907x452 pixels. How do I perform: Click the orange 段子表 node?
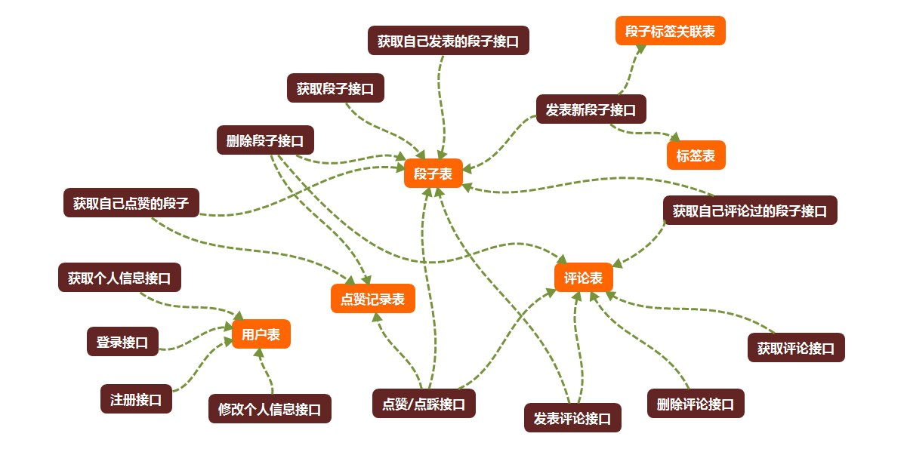tap(433, 174)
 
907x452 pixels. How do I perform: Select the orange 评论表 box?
tap(583, 278)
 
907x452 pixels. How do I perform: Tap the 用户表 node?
tap(261, 334)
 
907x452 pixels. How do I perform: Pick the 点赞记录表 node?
tap(373, 299)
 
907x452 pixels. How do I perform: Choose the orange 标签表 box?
tap(696, 155)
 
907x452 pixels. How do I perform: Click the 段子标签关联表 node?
tap(670, 31)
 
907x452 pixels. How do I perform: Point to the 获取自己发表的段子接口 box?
tap(449, 41)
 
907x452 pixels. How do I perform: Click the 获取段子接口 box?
tap(335, 88)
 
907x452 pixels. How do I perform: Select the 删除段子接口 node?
tap(265, 140)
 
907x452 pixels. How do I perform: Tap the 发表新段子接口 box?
tap(591, 109)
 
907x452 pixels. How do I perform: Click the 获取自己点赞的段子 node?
tap(131, 202)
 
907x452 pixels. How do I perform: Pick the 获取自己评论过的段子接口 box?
tap(750, 211)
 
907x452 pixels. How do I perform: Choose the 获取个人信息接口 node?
tap(119, 277)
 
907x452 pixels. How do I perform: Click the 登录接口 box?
tap(122, 341)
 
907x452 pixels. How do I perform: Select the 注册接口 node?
tap(136, 399)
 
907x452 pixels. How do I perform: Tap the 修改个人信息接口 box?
tap(270, 409)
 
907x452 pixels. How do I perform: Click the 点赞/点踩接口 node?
tap(424, 402)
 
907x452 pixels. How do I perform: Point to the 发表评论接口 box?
tap(572, 417)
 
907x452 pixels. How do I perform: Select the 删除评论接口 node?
tap(696, 403)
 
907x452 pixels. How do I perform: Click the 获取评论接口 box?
tap(796, 348)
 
